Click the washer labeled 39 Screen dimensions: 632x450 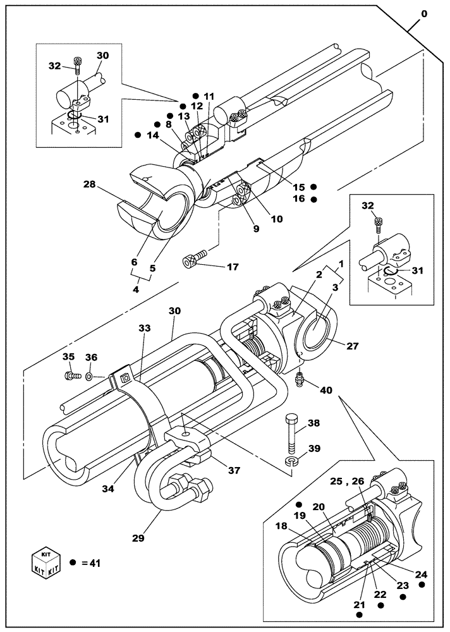coord(291,463)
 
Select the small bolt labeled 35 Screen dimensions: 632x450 coord(71,377)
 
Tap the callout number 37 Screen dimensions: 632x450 coord(234,470)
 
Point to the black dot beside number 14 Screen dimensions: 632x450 coord(138,135)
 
